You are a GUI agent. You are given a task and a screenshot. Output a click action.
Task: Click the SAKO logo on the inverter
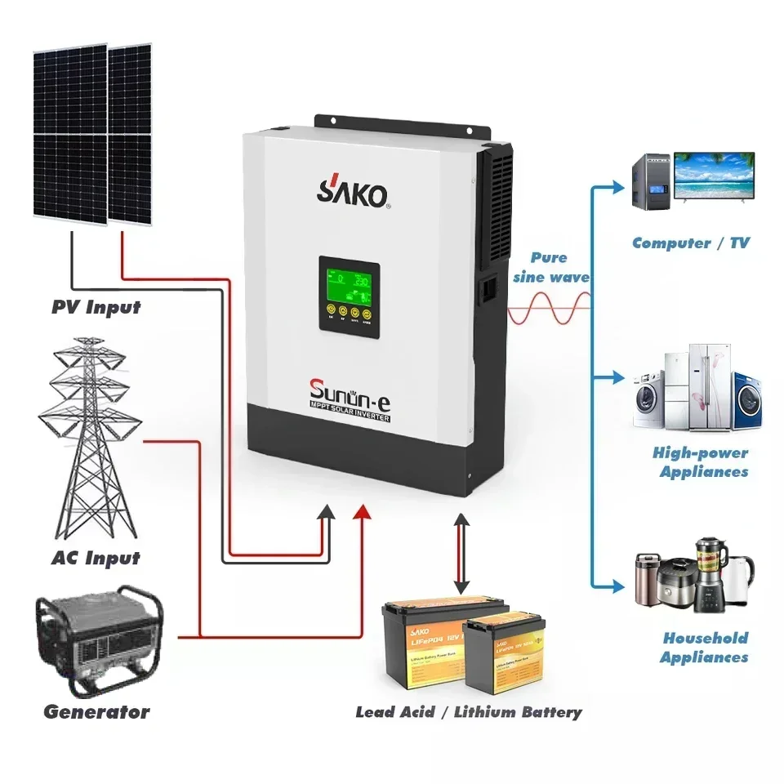point(353,194)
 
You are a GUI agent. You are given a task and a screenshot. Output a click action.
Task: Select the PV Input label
point(96,308)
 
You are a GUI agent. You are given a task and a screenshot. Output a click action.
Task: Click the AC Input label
point(96,559)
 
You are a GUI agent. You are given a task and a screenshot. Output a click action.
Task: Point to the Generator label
point(96,711)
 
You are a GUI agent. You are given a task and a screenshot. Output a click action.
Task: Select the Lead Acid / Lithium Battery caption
point(469,712)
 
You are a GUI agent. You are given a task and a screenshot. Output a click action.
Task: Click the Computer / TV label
point(690,243)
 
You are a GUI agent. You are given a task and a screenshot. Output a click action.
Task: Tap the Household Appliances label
point(704,648)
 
